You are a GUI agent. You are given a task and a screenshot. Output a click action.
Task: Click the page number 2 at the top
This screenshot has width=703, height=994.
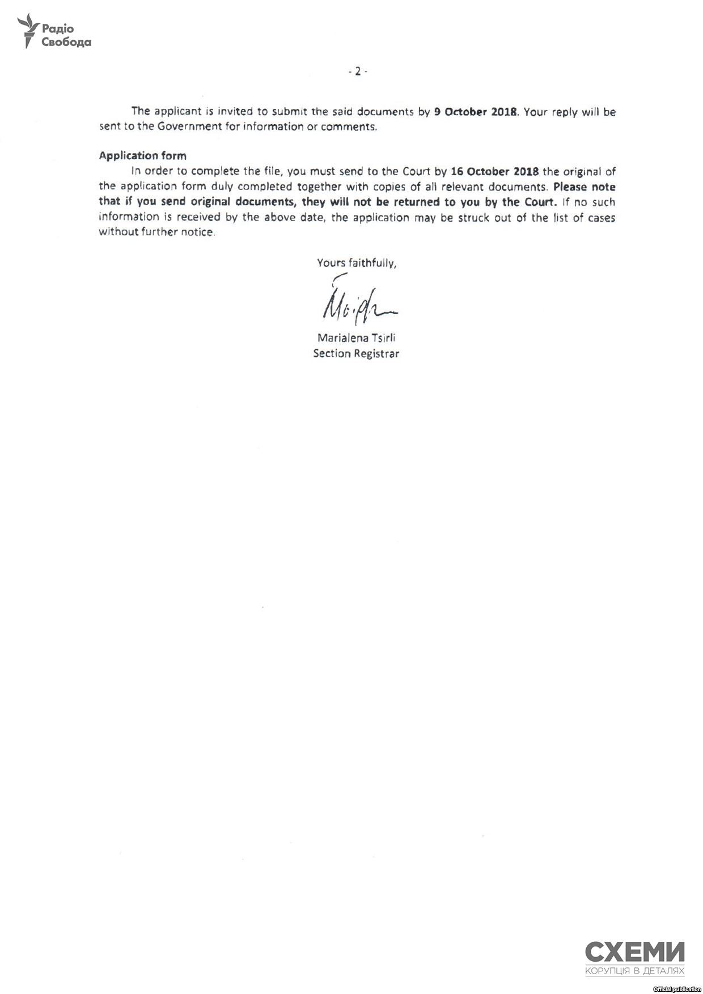(x=357, y=71)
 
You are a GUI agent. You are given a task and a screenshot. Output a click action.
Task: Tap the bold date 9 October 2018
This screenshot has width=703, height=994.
(x=475, y=112)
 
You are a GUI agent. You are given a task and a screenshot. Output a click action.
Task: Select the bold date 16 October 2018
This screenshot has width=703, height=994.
(x=494, y=171)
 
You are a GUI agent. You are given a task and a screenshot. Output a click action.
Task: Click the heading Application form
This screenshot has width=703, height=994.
(x=142, y=155)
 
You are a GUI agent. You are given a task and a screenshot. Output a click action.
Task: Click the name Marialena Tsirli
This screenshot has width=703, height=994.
(x=356, y=338)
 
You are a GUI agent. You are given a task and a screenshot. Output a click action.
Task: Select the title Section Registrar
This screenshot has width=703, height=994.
(x=356, y=354)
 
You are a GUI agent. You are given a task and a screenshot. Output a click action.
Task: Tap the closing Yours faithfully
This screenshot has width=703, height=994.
(x=356, y=263)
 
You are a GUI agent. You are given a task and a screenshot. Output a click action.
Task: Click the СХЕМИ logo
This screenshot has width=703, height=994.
(x=634, y=951)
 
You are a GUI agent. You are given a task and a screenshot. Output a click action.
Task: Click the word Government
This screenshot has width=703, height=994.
(x=189, y=126)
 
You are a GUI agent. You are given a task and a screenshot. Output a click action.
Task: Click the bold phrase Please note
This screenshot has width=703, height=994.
(x=585, y=187)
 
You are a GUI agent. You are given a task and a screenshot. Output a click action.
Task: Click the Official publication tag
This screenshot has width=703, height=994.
(x=677, y=989)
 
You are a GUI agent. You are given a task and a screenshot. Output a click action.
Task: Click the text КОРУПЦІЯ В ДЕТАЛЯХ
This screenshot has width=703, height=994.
(x=634, y=971)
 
